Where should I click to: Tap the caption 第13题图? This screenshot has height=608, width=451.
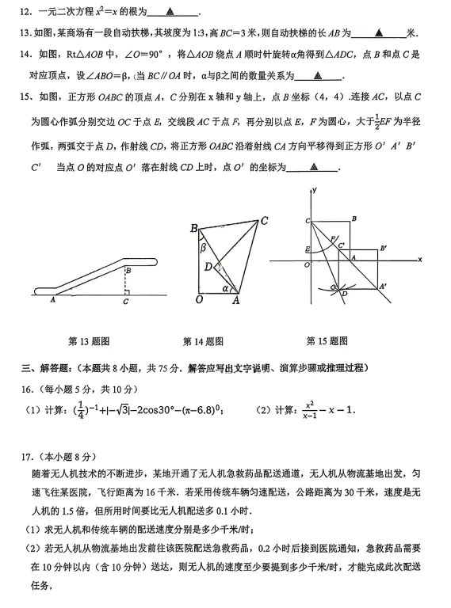pyautogui.click(x=89, y=341)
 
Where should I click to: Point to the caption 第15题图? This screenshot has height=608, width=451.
pyautogui.click(x=327, y=341)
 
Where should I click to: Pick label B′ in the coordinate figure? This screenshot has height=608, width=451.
pyautogui.click(x=383, y=249)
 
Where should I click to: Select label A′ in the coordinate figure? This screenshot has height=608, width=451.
pyautogui.click(x=384, y=286)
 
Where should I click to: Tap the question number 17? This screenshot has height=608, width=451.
pyautogui.click(x=29, y=456)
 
